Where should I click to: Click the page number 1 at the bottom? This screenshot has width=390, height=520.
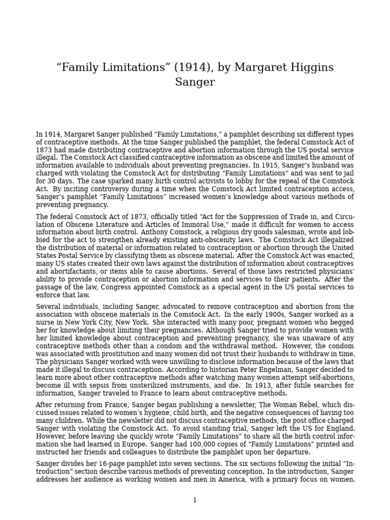194,500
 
